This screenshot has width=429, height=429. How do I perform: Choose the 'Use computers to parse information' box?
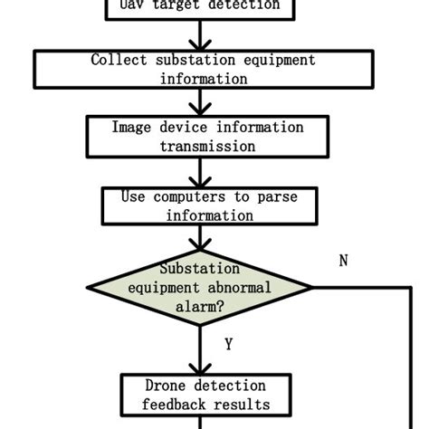click(201, 205)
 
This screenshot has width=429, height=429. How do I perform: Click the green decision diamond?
click(199, 288)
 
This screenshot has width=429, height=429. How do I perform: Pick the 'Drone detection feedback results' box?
click(201, 395)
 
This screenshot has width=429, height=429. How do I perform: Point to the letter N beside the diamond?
click(343, 261)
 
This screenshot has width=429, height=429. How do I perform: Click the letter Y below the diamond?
click(229, 344)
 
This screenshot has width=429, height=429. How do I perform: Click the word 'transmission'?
click(202, 146)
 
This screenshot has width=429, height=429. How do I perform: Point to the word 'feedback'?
click(175, 404)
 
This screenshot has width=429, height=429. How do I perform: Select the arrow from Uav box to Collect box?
click(199, 35)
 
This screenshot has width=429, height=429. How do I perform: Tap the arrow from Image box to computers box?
click(199, 172)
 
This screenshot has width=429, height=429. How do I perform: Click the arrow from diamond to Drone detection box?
click(199, 348)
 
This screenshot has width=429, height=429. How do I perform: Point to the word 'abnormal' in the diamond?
click(237, 288)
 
